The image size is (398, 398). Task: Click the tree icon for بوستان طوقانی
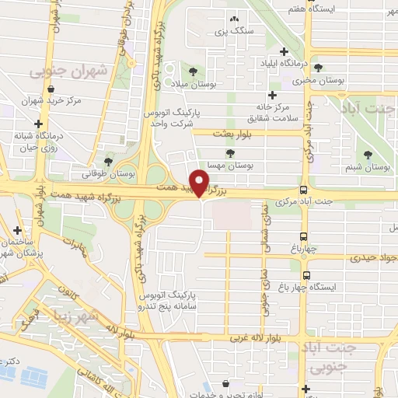(x=107, y=161)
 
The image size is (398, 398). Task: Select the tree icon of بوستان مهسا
(x=229, y=153)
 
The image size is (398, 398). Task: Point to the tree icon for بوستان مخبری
(x=318, y=68)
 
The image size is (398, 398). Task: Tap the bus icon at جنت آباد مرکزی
(x=303, y=190)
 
